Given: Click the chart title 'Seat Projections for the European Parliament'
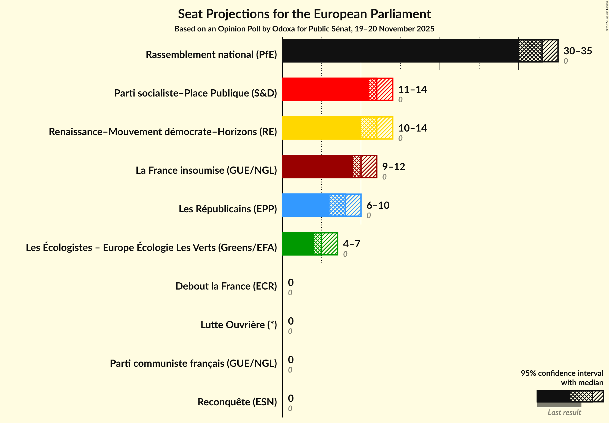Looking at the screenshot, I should pyautogui.click(x=304, y=14).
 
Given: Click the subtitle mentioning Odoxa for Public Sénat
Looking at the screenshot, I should pyautogui.click(x=304, y=29).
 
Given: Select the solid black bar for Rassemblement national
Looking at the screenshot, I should pyautogui.click(x=400, y=51).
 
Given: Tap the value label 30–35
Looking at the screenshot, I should pyautogui.click(x=578, y=51).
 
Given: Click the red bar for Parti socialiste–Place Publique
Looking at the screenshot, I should pyautogui.click(x=325, y=89).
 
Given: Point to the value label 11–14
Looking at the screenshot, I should pyautogui.click(x=412, y=89).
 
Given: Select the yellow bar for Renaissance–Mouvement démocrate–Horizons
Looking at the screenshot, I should pyautogui.click(x=321, y=128).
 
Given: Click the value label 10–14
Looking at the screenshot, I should pyautogui.click(x=412, y=128).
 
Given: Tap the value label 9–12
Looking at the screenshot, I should pyautogui.click(x=393, y=167).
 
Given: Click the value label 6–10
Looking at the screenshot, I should pyautogui.click(x=378, y=205).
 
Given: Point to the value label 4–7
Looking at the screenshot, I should pyautogui.click(x=351, y=244).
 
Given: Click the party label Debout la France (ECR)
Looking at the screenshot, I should pyautogui.click(x=226, y=286).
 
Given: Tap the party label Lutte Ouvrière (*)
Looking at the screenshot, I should pyautogui.click(x=239, y=325).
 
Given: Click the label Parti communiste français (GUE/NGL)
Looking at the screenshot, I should pyautogui.click(x=193, y=363).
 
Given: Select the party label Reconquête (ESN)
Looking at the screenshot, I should pyautogui.click(x=237, y=402).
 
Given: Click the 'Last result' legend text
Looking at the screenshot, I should pyautogui.click(x=564, y=412).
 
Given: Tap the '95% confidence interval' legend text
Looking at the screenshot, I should pyautogui.click(x=562, y=373).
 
